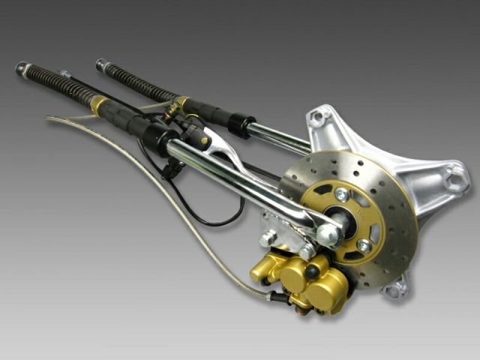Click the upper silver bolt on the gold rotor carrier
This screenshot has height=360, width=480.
342,195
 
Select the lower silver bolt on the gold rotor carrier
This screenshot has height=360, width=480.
364,246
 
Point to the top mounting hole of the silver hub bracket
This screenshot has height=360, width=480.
318,117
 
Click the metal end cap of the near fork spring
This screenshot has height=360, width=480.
21,68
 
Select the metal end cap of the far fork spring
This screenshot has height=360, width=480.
100,64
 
